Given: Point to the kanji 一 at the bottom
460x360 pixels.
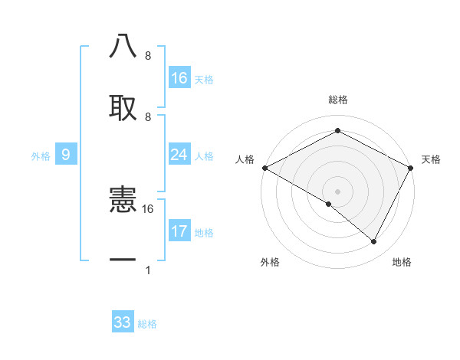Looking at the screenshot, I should coord(123,260).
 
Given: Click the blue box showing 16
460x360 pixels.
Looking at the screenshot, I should coord(179,78).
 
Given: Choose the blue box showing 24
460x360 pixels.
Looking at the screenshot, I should coord(179,155).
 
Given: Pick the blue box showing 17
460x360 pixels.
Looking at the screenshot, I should coord(179,231).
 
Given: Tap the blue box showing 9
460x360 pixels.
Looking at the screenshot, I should coord(66,155).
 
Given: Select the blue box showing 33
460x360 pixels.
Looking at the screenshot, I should coord(123,322).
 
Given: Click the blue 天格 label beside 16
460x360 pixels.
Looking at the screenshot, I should coord(204,80).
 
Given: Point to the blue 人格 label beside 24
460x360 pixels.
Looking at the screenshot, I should coord(204,156).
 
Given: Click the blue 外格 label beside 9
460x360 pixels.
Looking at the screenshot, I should coord(41,156).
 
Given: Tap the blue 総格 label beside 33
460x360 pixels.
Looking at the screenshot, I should coord(147,324).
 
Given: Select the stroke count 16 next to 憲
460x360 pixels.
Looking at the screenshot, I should coord(148,208).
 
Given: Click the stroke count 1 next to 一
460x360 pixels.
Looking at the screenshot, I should coord(147,270).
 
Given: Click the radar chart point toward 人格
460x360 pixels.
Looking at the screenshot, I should coord(264,168).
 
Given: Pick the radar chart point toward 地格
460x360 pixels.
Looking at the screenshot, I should coord(373,242).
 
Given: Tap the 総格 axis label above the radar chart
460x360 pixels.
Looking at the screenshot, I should coord(337,100).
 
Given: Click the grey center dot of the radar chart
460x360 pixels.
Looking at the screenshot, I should coord(337,191).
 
